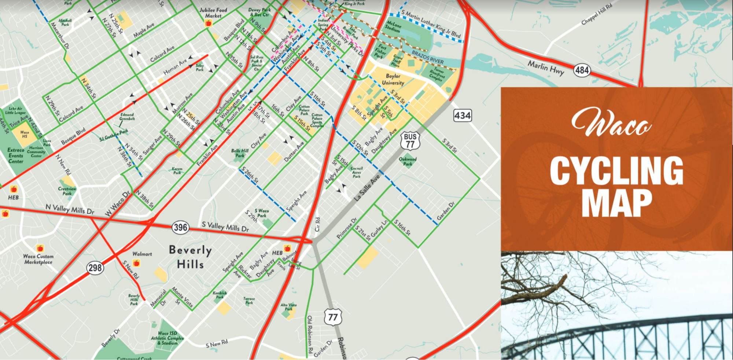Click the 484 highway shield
click(x=582, y=70)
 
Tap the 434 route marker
click(x=463, y=116)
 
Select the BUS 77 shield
click(x=410, y=140)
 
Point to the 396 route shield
click(x=180, y=228)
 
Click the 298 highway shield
click(x=95, y=268)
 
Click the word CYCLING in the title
click(x=616, y=170)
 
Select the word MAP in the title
click(x=616, y=203)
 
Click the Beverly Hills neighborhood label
click(x=190, y=257)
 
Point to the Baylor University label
click(x=393, y=79)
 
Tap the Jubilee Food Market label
click(x=213, y=13)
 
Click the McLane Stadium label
click(x=393, y=26)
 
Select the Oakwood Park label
click(x=408, y=161)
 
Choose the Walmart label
click(x=142, y=254)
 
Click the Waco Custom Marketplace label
click(x=38, y=259)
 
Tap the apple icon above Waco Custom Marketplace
click(x=40, y=248)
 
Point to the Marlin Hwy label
click(x=546, y=68)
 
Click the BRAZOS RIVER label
click(x=428, y=58)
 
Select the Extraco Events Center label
click(x=16, y=155)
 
